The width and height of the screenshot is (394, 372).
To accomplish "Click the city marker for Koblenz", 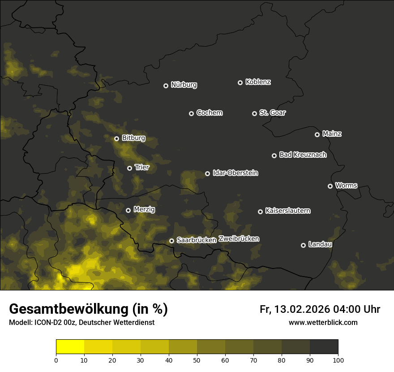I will (240, 82).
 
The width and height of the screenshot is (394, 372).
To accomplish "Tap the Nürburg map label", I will (184, 85).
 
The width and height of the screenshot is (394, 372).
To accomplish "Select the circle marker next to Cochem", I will (191, 113).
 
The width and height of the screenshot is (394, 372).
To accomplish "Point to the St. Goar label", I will (272, 113).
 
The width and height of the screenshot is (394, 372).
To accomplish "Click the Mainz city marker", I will (317, 134).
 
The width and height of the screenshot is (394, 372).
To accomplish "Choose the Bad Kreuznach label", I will (303, 155).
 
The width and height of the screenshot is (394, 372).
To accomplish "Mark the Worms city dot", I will (330, 186).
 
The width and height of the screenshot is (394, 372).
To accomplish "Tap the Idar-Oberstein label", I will (235, 173).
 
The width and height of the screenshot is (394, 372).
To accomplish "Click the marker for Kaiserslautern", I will (260, 212).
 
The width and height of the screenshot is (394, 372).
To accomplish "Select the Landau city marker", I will (303, 245).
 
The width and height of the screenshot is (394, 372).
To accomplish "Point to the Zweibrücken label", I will (239, 239).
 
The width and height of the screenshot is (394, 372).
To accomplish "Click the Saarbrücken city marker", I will (171, 241).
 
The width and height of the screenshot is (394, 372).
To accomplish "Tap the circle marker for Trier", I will (129, 168).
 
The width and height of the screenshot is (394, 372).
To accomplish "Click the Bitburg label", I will (133, 138).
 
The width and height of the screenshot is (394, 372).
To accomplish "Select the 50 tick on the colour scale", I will (197, 359).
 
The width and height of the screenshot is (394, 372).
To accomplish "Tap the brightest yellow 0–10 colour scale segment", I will (70, 347).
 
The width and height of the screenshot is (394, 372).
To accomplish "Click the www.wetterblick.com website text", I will (323, 322).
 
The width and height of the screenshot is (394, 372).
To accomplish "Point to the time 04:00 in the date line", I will (344, 309).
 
